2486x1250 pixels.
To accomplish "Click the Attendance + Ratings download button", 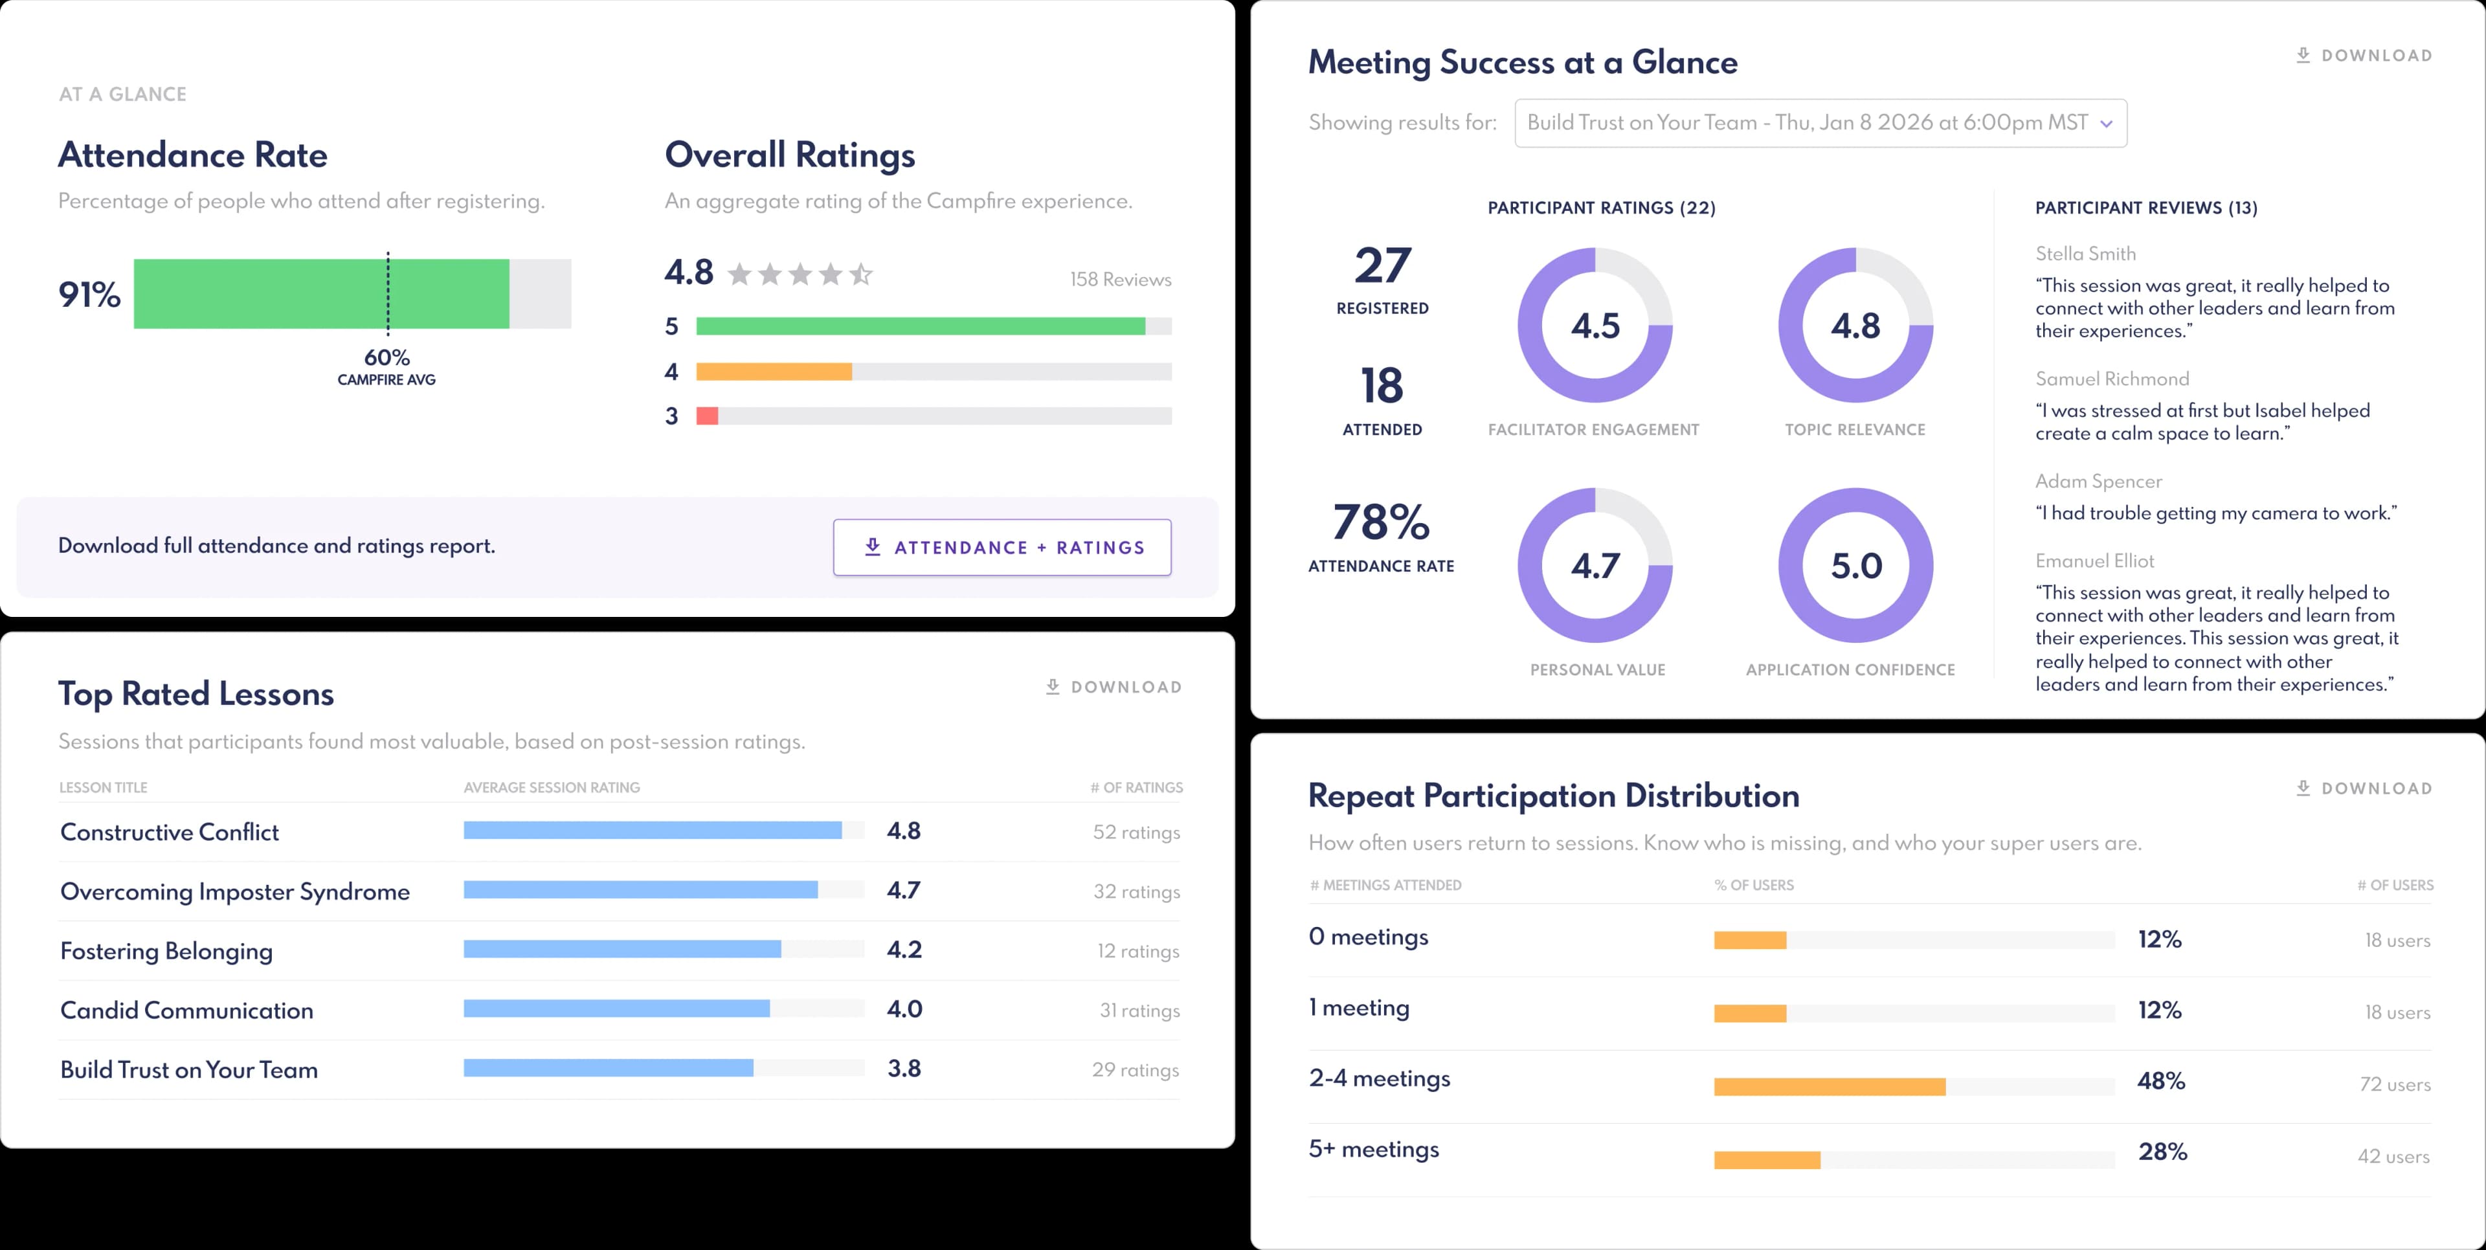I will tap(1002, 547).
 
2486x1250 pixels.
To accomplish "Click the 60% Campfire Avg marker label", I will tap(387, 367).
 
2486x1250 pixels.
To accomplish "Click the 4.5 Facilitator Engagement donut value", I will tap(1595, 326).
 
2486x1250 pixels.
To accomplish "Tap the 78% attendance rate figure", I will tap(1381, 522).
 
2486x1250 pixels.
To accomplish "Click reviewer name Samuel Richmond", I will tap(2112, 379).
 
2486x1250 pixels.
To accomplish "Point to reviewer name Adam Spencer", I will tap(2098, 482).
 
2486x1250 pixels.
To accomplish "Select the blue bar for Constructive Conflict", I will tap(653, 830).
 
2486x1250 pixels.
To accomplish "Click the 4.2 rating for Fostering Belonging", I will tap(904, 950).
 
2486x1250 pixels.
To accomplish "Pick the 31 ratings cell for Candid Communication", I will tap(1139, 1010).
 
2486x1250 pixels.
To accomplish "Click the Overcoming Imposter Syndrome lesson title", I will tap(234, 892).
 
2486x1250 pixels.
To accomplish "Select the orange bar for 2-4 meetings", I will tap(1829, 1087).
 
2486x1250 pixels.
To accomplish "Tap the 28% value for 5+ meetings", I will tap(2162, 1152).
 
